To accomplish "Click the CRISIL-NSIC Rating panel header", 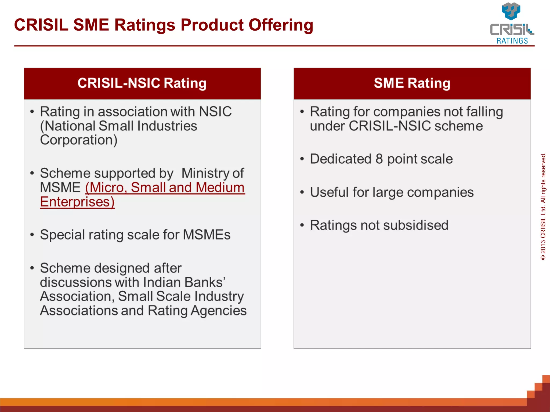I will click(x=142, y=83).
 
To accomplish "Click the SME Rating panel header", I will click(x=412, y=83).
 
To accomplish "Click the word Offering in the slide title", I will click(x=281, y=25).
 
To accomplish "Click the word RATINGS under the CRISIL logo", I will click(x=512, y=41).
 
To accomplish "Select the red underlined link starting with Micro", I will click(x=165, y=187).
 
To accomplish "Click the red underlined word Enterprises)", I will click(x=77, y=202).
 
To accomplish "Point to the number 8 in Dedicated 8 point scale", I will click(x=379, y=159).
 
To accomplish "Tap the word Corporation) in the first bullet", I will click(x=79, y=140).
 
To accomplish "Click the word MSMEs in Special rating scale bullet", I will click(x=207, y=235).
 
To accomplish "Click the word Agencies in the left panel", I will click(x=218, y=311).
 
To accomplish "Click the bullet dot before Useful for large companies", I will click(x=302, y=192).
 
